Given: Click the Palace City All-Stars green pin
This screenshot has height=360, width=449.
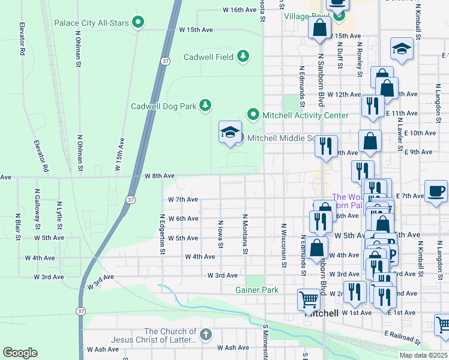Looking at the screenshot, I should coord(139,23).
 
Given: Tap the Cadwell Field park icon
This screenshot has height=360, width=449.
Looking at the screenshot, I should coord(243,56).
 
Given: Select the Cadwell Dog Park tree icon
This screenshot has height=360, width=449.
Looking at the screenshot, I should coord(205,106).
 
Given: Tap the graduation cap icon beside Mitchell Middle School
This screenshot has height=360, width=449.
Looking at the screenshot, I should coord(229,133).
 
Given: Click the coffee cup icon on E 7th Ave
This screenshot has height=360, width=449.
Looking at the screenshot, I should coord(436,191).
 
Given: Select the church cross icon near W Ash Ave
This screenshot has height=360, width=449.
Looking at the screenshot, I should coord(205,334).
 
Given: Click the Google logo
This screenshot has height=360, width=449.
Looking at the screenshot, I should coord(20,353).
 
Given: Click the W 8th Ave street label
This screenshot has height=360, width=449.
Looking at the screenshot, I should coord(160,176).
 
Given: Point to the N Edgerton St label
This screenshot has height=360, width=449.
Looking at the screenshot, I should coord(162,234).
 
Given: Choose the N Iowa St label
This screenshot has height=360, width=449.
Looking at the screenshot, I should coord(220,235).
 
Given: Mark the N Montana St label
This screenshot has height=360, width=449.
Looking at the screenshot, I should coord(245,234).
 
